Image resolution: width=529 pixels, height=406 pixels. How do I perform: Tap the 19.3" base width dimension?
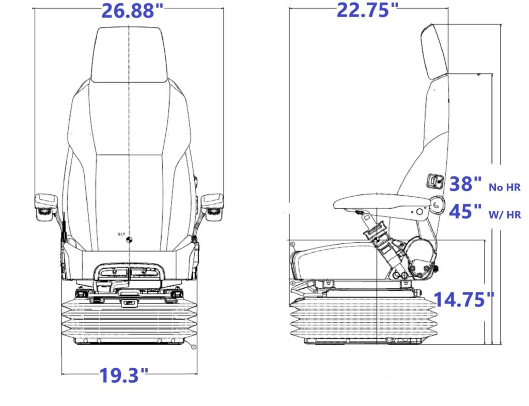click(124, 375)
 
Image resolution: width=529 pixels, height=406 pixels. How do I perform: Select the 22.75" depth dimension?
click(368, 10)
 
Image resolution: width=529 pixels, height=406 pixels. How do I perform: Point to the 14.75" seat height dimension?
click(464, 299)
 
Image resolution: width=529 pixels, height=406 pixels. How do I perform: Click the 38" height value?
click(465, 184)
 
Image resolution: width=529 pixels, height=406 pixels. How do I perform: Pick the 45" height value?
click(465, 211)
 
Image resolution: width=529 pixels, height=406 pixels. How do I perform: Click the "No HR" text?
click(505, 187)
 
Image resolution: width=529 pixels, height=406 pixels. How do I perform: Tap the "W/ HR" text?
click(505, 214)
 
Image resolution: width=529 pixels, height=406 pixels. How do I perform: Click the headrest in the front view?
click(129, 55)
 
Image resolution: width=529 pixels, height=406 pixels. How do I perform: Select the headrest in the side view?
click(435, 52)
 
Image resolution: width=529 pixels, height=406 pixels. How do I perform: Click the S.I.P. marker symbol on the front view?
click(129, 240)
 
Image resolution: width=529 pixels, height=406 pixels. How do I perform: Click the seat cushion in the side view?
click(334, 261)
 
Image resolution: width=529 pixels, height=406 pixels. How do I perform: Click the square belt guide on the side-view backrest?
click(435, 181)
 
